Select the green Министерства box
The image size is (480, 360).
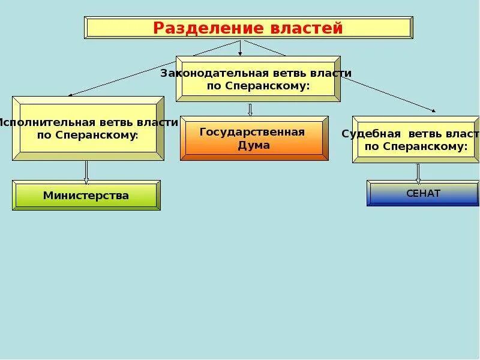pyautogui.click(x=86, y=196)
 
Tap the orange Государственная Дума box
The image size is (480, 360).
pyautogui.click(x=254, y=139)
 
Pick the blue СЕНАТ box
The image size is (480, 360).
pyautogui.click(x=423, y=193)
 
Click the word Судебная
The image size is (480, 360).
pyautogui.click(x=364, y=133)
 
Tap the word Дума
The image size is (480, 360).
pyautogui.click(x=253, y=145)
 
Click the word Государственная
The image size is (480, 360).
pyautogui.click(x=253, y=132)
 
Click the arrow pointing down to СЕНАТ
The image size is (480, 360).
pyautogui.click(x=418, y=173)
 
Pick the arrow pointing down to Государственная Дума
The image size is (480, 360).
pyautogui.click(x=250, y=110)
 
